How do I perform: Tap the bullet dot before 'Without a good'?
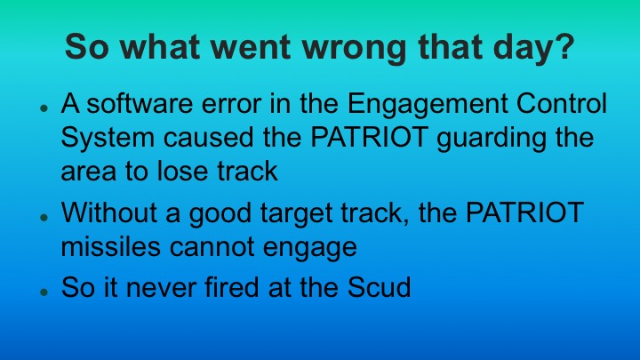coord(42,217)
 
